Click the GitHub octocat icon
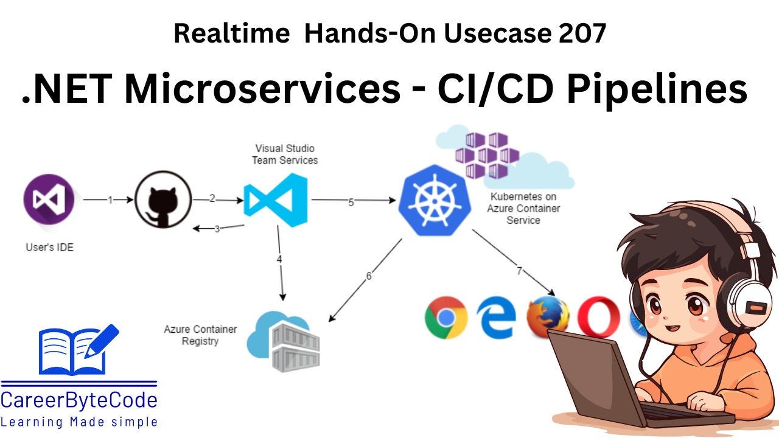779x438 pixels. [162, 200]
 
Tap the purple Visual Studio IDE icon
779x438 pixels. [49, 199]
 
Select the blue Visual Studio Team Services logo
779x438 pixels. [276, 200]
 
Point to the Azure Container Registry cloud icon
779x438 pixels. [284, 341]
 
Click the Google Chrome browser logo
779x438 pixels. [446, 317]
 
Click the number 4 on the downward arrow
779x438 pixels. [279, 259]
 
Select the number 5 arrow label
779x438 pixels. [351, 203]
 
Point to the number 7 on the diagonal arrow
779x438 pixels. [519, 271]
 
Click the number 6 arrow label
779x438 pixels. [369, 276]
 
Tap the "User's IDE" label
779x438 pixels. [49, 248]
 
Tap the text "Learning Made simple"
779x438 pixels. [79, 422]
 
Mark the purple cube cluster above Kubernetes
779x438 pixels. [487, 155]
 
